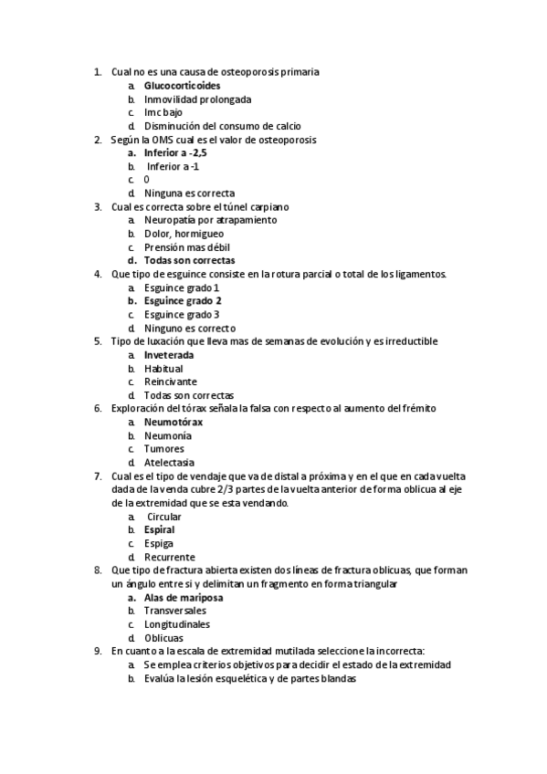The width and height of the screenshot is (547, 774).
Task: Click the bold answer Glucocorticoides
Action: [182, 86]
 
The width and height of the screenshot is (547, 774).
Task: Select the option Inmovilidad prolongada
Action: [197, 99]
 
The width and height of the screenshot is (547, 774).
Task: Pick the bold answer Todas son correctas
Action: [189, 260]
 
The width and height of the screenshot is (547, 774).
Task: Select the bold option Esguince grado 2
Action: [183, 300]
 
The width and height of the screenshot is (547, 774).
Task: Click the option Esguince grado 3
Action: [182, 314]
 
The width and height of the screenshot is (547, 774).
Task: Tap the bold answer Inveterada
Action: [169, 354]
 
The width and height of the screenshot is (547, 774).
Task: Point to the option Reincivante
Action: [170, 382]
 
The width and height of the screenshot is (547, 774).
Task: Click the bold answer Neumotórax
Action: [174, 422]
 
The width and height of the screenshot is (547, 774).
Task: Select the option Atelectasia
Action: [169, 462]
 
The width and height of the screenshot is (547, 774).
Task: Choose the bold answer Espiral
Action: [159, 529]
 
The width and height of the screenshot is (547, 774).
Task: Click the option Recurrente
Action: [169, 557]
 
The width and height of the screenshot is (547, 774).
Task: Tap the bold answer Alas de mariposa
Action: [184, 597]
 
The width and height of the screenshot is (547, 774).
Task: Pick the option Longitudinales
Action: [177, 624]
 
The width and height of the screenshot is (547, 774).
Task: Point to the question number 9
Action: [98, 651]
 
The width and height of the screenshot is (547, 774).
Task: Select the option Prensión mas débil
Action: [186, 247]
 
